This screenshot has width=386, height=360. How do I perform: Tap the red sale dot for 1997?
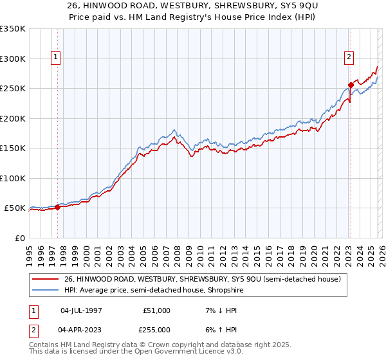tap(57, 207)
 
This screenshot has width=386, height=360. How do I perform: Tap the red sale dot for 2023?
tap(351, 85)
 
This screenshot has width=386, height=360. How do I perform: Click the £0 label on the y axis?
tap(19, 238)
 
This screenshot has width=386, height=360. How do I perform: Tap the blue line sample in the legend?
tap(46, 290)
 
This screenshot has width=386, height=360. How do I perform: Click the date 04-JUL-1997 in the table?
tap(82, 310)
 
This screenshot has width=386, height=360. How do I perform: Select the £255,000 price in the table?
tap(156, 328)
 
